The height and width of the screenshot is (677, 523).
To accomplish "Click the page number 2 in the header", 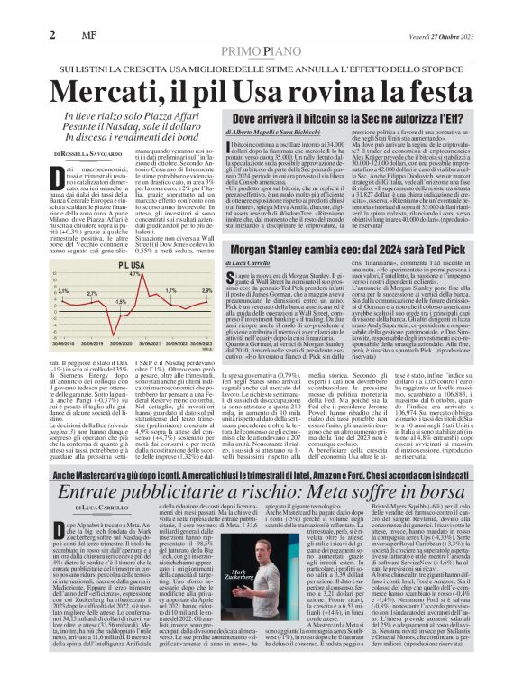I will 52,9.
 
